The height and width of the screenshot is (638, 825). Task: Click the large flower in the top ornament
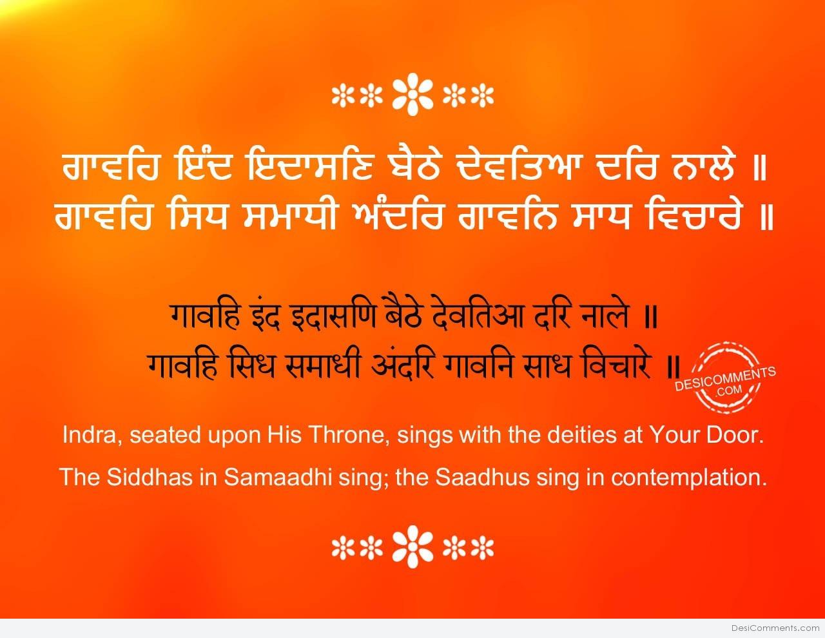coord(412,97)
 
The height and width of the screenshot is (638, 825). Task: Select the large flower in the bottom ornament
coord(412,547)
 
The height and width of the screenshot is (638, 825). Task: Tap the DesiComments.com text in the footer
coord(775,628)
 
